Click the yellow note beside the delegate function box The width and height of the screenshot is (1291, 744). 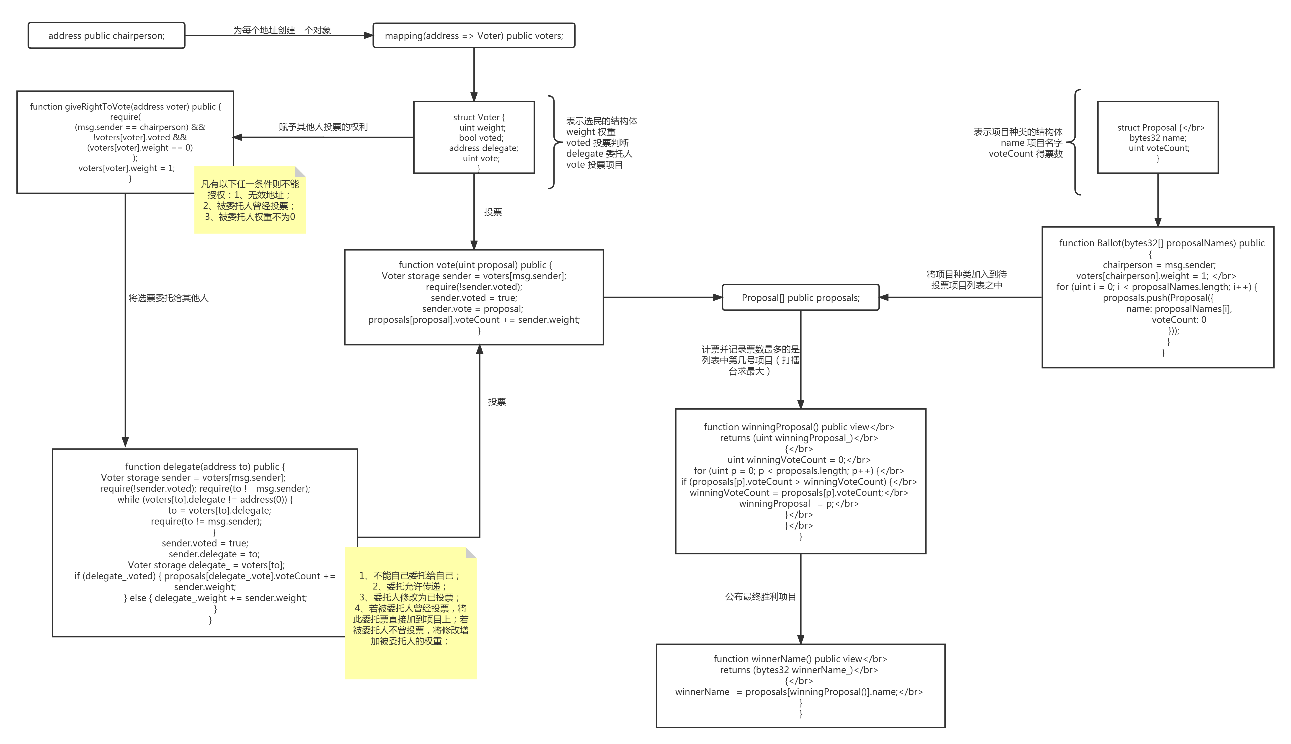pos(411,613)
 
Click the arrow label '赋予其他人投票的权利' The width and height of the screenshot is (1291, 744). pos(323,127)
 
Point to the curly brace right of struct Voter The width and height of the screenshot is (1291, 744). pos(553,142)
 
